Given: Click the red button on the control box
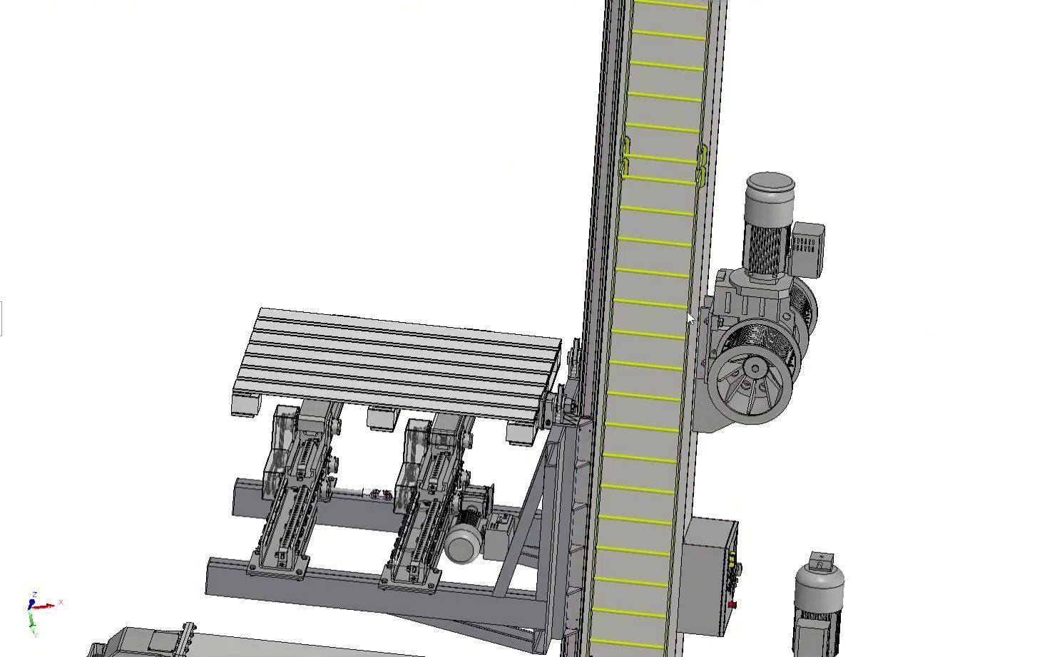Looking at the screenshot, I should (732, 605).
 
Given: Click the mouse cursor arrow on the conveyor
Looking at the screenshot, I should (690, 319).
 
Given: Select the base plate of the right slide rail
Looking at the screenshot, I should (410, 581).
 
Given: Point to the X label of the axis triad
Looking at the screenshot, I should (61, 602).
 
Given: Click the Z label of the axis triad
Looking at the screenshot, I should (35, 594).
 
